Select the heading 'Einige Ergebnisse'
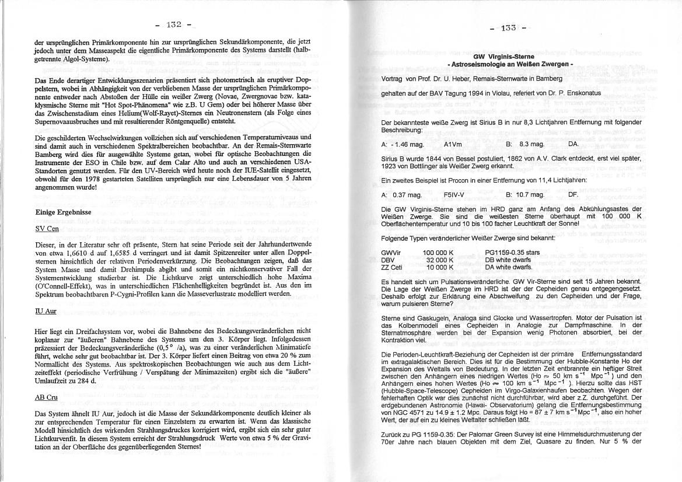[x=62, y=212]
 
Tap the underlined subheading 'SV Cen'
[x=47, y=229]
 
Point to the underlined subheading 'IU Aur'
[x=46, y=311]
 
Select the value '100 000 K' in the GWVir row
[x=438, y=253]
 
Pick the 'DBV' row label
[x=388, y=260]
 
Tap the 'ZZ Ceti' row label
[x=391, y=267]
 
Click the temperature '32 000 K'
[x=440, y=260]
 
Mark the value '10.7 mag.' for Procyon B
[x=531, y=194]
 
